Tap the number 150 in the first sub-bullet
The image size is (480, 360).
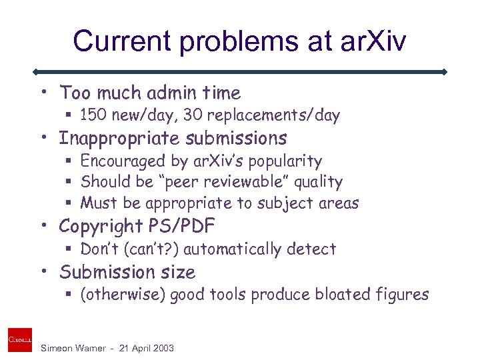click(92, 115)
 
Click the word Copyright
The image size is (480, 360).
click(101, 227)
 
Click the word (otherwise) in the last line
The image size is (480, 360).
click(123, 295)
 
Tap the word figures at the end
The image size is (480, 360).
click(401, 295)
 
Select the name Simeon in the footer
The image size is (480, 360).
click(57, 347)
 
